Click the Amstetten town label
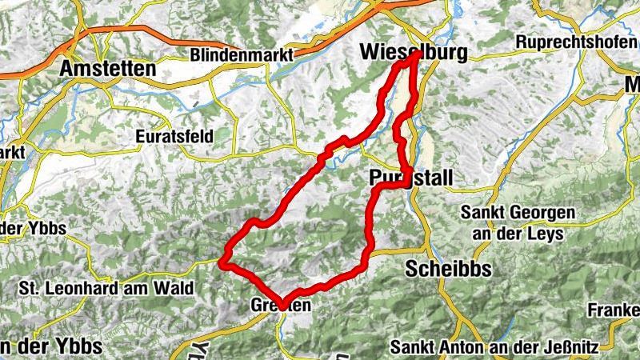click(x=107, y=69)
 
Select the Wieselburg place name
click(x=413, y=51)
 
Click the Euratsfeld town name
click(x=174, y=136)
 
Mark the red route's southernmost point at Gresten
click(x=281, y=303)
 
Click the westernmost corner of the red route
click(x=223, y=261)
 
